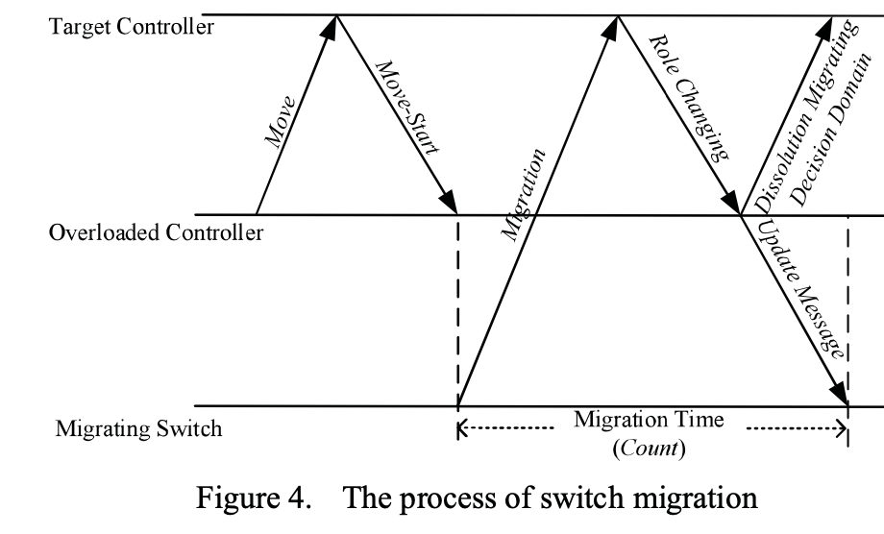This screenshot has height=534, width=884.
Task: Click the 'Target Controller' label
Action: (131, 26)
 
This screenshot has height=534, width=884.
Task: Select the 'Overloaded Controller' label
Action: (155, 233)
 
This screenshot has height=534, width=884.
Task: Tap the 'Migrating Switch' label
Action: (138, 428)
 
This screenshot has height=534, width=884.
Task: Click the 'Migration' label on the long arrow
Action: (523, 191)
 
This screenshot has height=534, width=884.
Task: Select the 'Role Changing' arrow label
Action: (687, 96)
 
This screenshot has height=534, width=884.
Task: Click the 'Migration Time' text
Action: (650, 420)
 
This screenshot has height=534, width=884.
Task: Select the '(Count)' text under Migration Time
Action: (650, 446)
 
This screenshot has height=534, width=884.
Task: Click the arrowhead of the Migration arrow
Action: (609, 26)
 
